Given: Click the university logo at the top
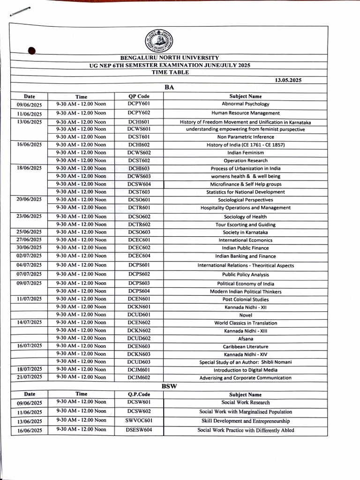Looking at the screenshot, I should (x=158, y=41).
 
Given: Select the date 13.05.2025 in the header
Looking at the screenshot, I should (x=288, y=80).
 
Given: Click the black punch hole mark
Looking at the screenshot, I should (x=32, y=51).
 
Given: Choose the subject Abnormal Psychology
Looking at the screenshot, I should (x=245, y=104).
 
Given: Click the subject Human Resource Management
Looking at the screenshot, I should (x=245, y=113).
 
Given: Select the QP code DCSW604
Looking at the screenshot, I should (x=139, y=184).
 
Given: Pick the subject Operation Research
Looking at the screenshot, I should (x=245, y=160).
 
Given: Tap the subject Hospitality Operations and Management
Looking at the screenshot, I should (x=245, y=208).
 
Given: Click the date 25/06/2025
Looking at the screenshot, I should (x=30, y=232).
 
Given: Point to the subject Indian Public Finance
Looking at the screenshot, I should (x=245, y=248).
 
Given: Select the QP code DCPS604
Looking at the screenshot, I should (x=139, y=291).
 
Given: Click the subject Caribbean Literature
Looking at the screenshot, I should (x=245, y=346).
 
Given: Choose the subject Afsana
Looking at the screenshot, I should (x=245, y=338).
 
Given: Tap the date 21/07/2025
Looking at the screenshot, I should (x=30, y=377).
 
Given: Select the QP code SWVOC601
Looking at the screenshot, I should (x=139, y=420).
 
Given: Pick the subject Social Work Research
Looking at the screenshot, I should (x=245, y=402).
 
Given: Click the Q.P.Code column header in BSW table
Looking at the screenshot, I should (x=139, y=394).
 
